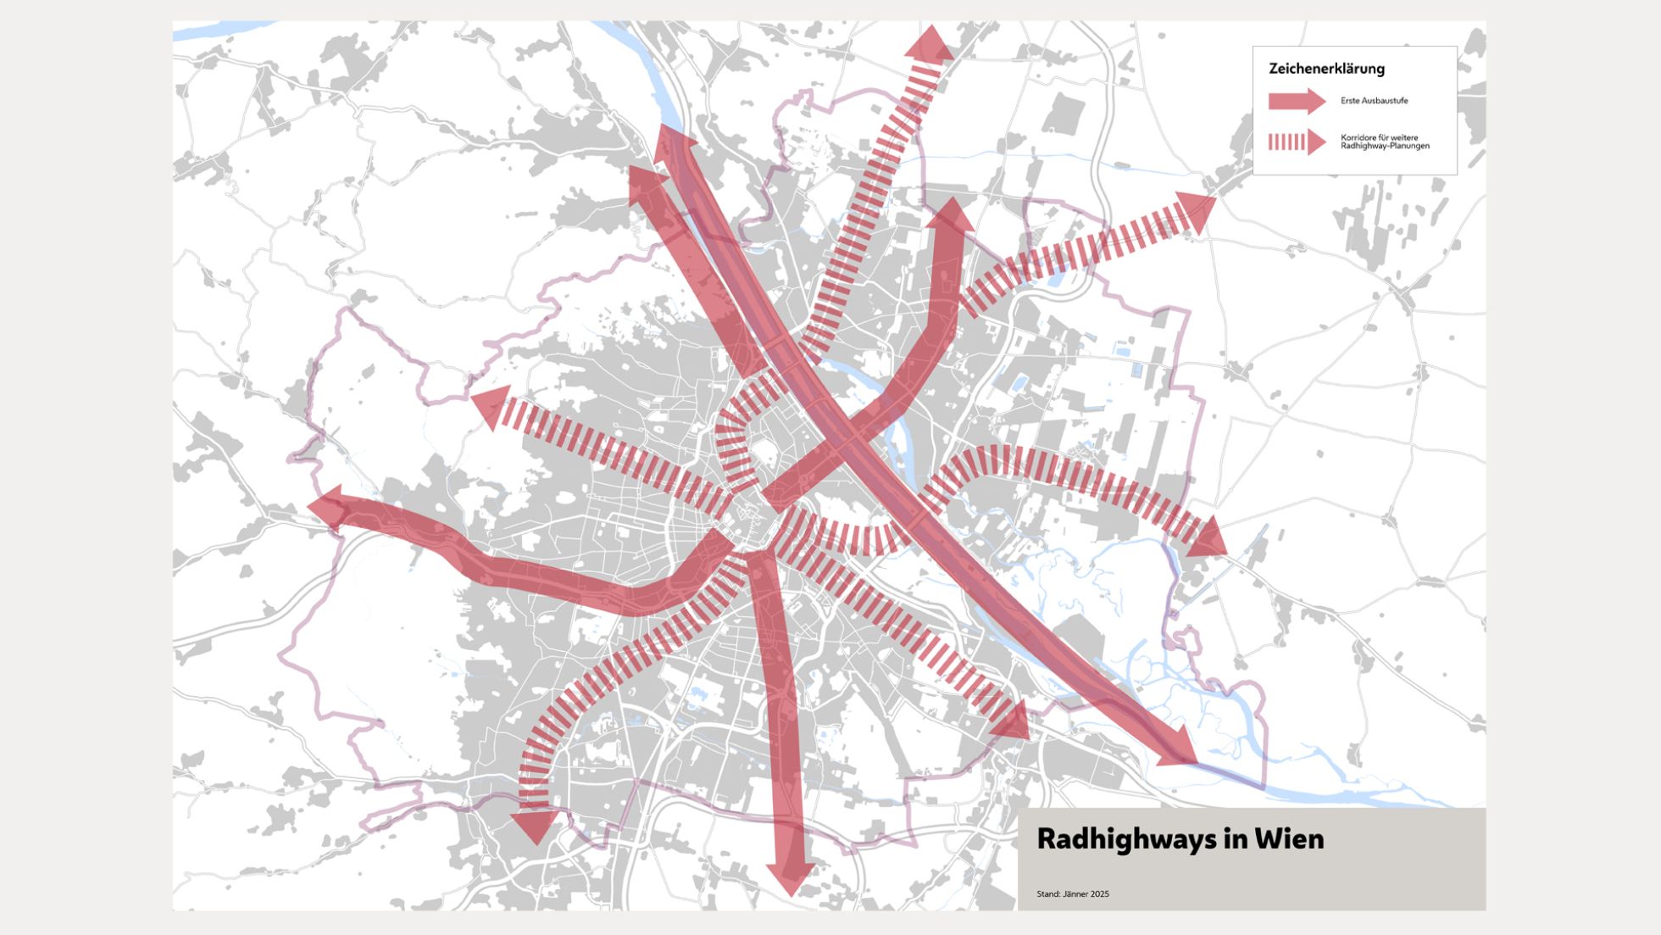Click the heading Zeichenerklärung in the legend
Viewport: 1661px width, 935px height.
[x=1326, y=69]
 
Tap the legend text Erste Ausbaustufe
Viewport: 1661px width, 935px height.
[x=1374, y=101]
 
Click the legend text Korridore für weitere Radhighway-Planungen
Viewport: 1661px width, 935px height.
[x=1385, y=142]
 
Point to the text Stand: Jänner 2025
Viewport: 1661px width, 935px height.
[x=1072, y=893]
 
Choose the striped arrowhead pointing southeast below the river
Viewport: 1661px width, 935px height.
[x=1013, y=721]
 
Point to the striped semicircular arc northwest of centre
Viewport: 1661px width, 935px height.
[x=731, y=432]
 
